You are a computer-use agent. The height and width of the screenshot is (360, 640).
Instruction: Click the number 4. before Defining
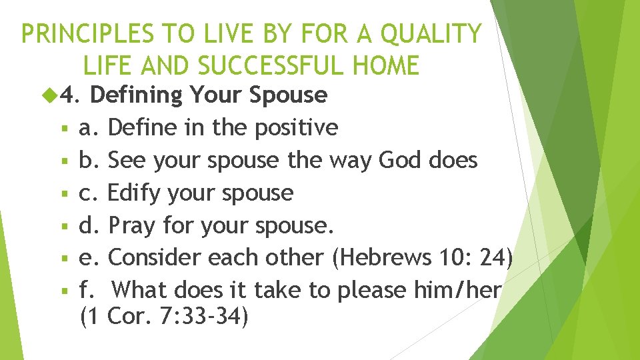click(x=70, y=95)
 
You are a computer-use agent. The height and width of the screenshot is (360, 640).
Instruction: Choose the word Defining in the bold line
click(x=136, y=95)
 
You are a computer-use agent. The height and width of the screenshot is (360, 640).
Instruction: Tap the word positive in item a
click(x=298, y=127)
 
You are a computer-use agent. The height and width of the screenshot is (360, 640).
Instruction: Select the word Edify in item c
click(x=131, y=193)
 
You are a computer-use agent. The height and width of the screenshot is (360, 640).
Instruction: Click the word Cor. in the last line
click(x=130, y=317)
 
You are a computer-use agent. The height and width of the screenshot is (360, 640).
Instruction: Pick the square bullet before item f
click(x=61, y=291)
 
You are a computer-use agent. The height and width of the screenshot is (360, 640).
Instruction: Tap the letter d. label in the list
click(x=89, y=225)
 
